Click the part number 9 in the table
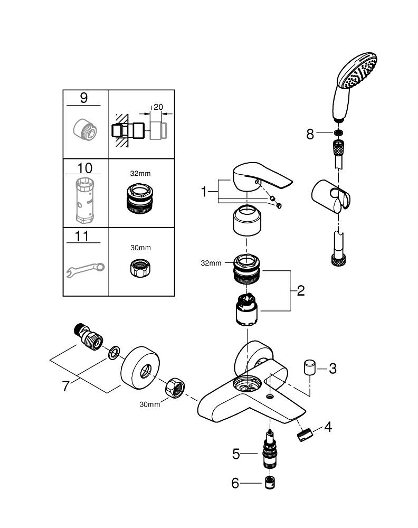pyautogui.click(x=84, y=98)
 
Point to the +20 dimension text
pyautogui.click(x=155, y=107)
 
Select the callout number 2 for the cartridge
pyautogui.click(x=300, y=290)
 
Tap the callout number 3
pyautogui.click(x=332, y=368)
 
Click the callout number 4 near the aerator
pyautogui.click(x=328, y=427)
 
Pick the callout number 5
pyautogui.click(x=236, y=453)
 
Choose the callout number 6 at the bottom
pyautogui.click(x=235, y=483)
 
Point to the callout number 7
pyautogui.click(x=65, y=386)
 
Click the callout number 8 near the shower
pyautogui.click(x=310, y=134)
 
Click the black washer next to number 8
pyautogui.click(x=338, y=134)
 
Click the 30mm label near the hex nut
pyautogui.click(x=150, y=404)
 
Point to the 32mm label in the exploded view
pyautogui.click(x=211, y=262)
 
